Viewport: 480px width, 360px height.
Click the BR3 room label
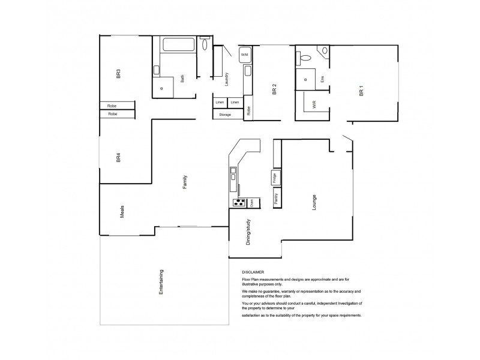click(119, 75)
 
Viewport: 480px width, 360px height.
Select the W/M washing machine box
click(244, 55)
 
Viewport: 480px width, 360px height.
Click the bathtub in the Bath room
click(175, 44)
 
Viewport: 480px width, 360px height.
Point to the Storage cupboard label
click(225, 114)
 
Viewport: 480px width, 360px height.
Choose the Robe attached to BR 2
click(248, 110)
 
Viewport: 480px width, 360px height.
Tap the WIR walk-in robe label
click(314, 104)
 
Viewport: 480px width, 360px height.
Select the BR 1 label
click(361, 92)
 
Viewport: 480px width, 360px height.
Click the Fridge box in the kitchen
click(274, 178)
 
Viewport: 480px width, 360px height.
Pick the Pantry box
click(275, 199)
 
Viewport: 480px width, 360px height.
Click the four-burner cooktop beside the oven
click(238, 203)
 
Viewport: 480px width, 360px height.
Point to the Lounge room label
click(313, 203)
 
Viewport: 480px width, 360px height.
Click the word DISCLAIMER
click(253, 271)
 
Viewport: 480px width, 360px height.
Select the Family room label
click(185, 182)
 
